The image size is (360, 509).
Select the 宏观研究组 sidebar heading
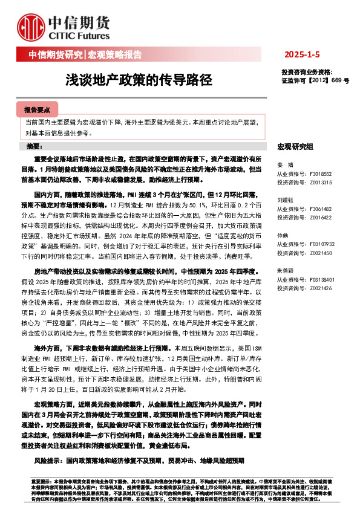tap(295, 147)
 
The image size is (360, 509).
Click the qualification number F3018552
tap(321, 173)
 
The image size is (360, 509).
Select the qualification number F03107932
tap(321, 244)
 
